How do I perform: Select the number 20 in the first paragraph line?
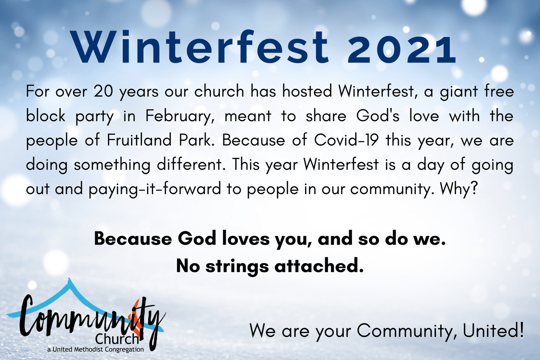click(x=103, y=91)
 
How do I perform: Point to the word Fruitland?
click(x=139, y=140)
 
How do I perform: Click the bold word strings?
click(x=237, y=267)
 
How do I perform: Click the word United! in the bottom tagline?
click(x=493, y=331)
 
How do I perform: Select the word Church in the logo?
click(x=117, y=339)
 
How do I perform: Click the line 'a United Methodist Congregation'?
click(x=96, y=350)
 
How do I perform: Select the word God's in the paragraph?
click(x=378, y=115)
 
